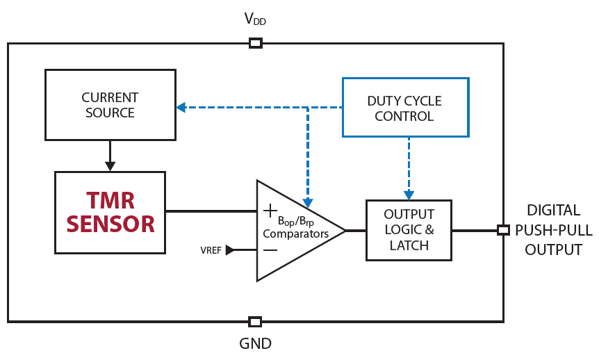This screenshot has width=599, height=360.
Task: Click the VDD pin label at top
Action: click(x=255, y=19)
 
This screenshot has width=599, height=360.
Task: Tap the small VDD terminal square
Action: click(x=255, y=43)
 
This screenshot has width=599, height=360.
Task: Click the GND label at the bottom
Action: click(x=255, y=343)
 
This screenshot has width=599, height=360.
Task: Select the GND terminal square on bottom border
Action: click(x=255, y=322)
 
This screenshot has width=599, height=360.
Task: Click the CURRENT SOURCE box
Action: click(x=110, y=105)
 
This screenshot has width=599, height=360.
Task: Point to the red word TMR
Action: click(x=110, y=201)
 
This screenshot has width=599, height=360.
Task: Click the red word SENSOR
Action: click(x=110, y=224)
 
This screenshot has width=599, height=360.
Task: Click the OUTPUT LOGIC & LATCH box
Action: click(x=409, y=230)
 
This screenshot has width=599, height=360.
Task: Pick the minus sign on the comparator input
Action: click(x=270, y=250)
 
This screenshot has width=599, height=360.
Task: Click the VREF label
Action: click(x=211, y=250)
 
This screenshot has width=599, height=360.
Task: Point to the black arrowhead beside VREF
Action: click(x=230, y=250)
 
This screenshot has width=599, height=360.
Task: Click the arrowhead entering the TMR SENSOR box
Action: click(x=110, y=166)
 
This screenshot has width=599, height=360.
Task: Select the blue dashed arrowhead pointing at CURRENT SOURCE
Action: click(x=181, y=107)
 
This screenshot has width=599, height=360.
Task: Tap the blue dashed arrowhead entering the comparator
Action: click(x=307, y=195)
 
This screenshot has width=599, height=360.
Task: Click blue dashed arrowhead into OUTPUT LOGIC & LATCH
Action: click(x=409, y=195)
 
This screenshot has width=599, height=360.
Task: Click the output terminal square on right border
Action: click(x=503, y=230)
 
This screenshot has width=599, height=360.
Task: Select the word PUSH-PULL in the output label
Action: click(x=553, y=230)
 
